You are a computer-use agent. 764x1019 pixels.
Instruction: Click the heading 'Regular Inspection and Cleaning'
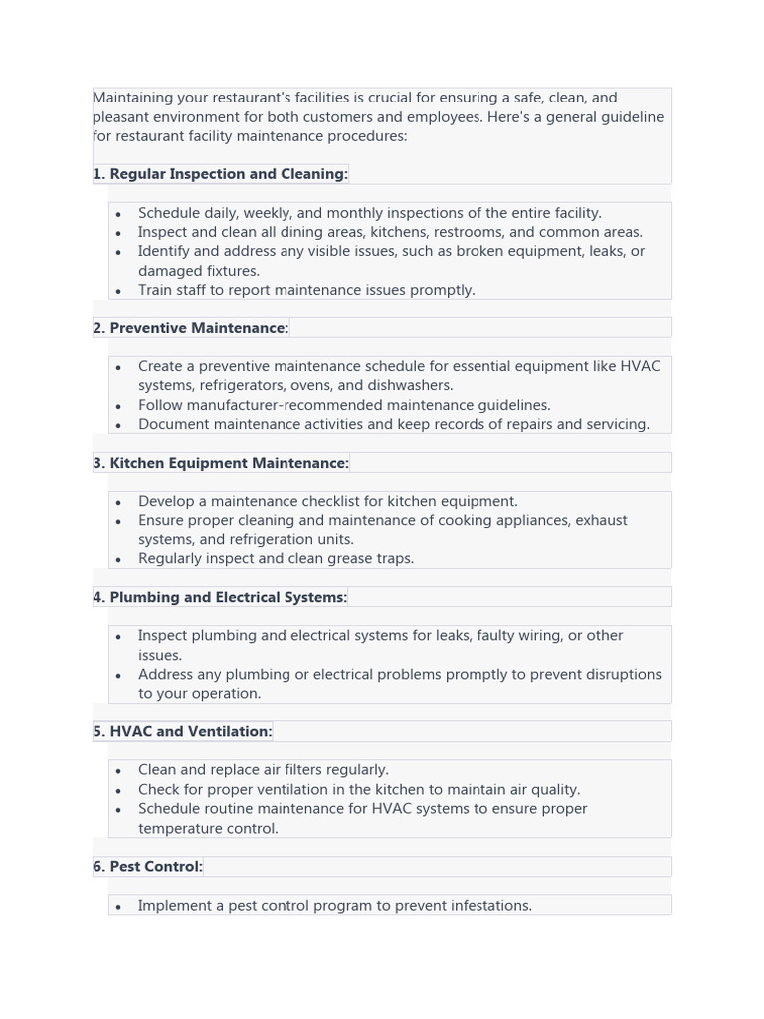228,174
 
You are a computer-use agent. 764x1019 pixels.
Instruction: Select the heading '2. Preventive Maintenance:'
190,328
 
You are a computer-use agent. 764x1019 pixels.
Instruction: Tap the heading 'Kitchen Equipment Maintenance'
229,463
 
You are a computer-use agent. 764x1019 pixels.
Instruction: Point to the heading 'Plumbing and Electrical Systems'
228,597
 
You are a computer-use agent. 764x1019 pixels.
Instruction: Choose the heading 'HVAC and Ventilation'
190,731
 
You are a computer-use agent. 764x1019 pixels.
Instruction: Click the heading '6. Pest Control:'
147,867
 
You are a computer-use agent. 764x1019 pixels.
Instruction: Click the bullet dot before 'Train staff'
118,291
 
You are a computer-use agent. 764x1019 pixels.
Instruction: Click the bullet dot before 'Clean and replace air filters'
118,771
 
